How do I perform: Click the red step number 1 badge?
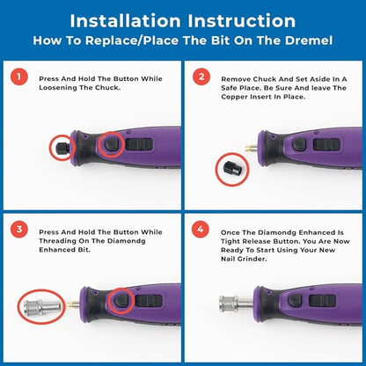(x=19, y=77)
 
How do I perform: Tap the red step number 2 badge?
(x=201, y=77)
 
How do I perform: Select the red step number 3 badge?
(x=19, y=230)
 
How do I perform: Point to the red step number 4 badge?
(x=201, y=230)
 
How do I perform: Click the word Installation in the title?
(x=126, y=21)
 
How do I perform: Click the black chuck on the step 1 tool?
(x=63, y=147)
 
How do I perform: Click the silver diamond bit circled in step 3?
(x=43, y=307)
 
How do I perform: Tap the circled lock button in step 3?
(x=121, y=300)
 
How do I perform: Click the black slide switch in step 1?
(x=139, y=144)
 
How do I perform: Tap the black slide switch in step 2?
(x=326, y=144)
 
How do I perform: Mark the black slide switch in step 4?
(x=322, y=301)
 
